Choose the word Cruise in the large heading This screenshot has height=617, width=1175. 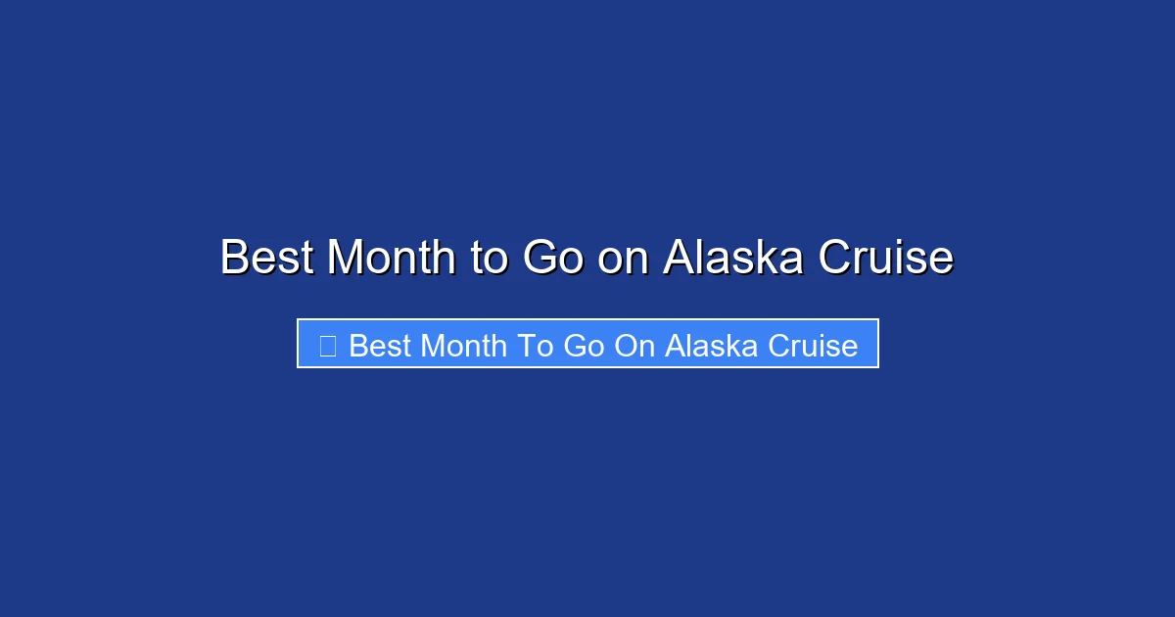885,259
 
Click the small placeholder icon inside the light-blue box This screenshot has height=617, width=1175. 328,346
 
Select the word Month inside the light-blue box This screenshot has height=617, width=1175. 460,346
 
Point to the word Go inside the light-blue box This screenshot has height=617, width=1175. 584,346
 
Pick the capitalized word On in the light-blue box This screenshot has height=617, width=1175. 635,346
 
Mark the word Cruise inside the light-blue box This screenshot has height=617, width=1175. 813,346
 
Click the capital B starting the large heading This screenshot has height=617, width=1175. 235,259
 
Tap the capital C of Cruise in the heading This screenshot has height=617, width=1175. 835,259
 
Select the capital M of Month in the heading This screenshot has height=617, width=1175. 347,259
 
